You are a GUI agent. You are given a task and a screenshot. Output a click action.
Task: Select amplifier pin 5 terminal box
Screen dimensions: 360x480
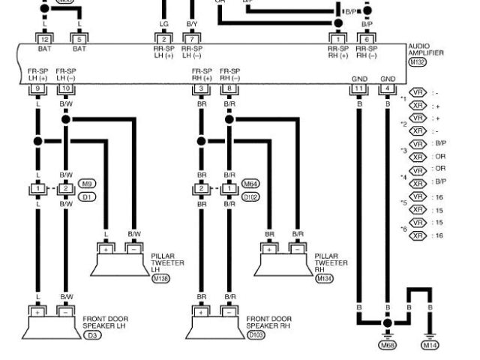79,38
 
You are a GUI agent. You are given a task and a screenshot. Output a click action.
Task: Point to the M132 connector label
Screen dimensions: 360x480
418,63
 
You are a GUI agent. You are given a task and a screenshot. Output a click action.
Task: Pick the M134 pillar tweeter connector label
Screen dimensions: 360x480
325,278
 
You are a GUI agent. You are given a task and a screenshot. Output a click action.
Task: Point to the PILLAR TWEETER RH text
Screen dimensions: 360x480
330,262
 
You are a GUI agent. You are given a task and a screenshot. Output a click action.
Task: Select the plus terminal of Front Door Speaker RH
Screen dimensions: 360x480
201,310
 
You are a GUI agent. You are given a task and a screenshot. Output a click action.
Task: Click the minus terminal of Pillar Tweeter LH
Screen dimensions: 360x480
134,249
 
